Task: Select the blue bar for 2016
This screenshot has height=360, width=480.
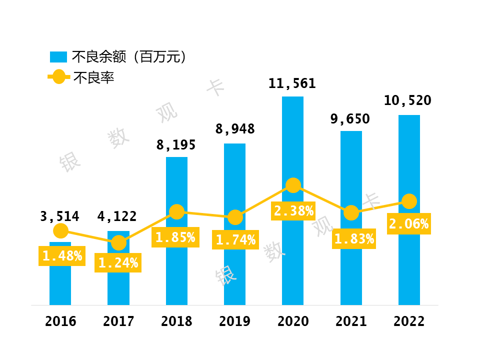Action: (60, 285)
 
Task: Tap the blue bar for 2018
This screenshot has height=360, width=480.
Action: (176, 270)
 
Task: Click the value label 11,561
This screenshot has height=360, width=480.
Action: (292, 83)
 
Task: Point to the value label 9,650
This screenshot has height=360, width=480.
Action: (350, 119)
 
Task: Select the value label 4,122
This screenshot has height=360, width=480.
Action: (118, 216)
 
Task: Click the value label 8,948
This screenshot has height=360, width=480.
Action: (234, 129)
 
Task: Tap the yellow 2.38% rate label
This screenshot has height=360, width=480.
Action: (293, 211)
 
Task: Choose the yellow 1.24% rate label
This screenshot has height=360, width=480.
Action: (118, 263)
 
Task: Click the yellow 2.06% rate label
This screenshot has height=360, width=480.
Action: (409, 224)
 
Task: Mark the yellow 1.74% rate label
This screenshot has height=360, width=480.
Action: (235, 240)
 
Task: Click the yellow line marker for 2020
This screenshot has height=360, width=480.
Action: (293, 185)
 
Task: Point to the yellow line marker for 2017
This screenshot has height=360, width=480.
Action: (118, 243)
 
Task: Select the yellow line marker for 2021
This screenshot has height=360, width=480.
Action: (351, 213)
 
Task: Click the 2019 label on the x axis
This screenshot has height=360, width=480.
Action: (234, 321)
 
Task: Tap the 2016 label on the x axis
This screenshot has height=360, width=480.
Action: (60, 321)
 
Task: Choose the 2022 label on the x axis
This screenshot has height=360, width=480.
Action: (409, 321)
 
